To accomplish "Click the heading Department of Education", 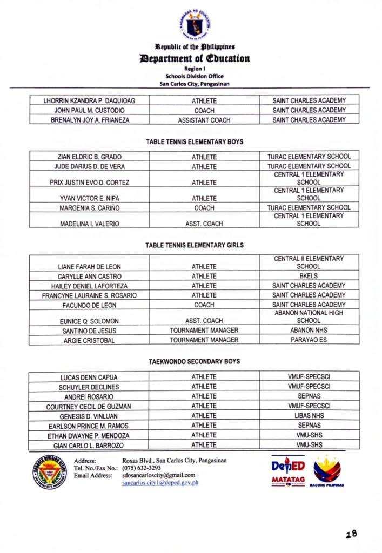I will click(x=195, y=58).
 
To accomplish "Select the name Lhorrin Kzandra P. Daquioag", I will click(x=90, y=100).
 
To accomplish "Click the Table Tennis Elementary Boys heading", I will click(x=195, y=142).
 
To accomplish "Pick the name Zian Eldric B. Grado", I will click(x=90, y=157).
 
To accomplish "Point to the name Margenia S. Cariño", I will click(x=90, y=208).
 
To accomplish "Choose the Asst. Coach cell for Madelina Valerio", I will click(x=204, y=224).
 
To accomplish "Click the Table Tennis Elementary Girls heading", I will click(x=195, y=245).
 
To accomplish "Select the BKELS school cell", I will click(x=309, y=276).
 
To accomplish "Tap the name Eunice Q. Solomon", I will click(x=90, y=321).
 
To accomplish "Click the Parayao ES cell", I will click(x=309, y=340).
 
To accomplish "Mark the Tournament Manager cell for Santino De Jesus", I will click(x=204, y=331).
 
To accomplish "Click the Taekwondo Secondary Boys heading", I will click(x=195, y=361).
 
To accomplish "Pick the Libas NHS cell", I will click(x=309, y=416).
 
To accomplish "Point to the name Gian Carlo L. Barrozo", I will click(x=90, y=445).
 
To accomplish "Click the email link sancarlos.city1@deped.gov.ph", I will click(x=160, y=482).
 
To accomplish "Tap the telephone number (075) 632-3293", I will click(x=142, y=468).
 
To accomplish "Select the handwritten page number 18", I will click(x=352, y=534).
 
